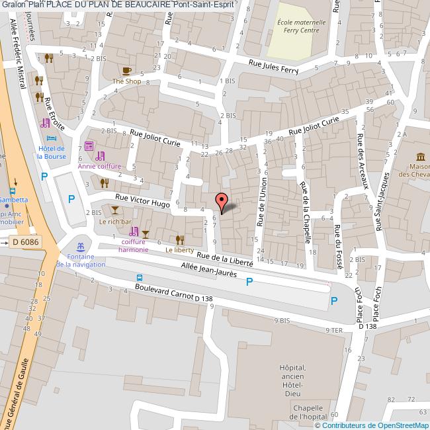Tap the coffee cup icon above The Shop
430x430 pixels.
point(126,70)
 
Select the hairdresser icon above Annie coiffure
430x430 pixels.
point(100,157)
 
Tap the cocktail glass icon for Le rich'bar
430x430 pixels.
point(116,210)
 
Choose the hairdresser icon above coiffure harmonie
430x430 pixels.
point(134,232)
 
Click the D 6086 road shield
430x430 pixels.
point(26,242)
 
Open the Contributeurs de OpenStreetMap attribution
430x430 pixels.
point(375,425)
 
